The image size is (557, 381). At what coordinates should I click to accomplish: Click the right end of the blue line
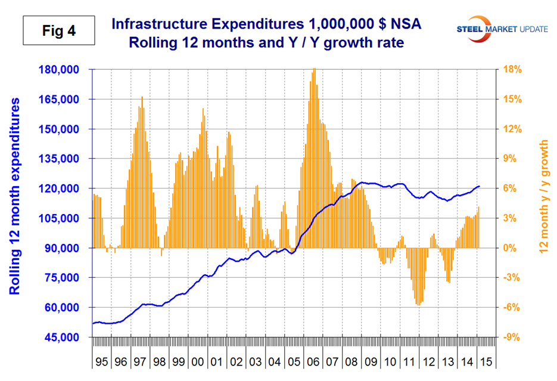click(x=480, y=187)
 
